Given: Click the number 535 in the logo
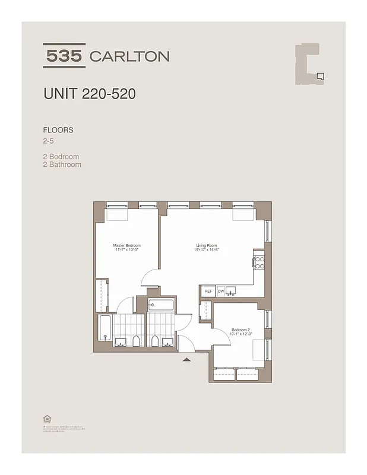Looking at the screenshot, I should (64, 56).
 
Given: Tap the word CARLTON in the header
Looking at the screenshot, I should (129, 56).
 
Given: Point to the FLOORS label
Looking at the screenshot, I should (58, 130).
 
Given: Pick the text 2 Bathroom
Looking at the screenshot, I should (62, 164).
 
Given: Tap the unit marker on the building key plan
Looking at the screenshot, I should (320, 75).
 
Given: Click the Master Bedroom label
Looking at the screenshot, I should (126, 245).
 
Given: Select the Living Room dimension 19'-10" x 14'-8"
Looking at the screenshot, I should (207, 250).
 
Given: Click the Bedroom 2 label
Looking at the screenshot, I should (240, 330).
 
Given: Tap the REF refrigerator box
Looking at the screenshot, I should (208, 291).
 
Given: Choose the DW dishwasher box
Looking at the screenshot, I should (220, 291).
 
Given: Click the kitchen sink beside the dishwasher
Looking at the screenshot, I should (232, 290).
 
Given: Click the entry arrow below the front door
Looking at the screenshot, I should (186, 359).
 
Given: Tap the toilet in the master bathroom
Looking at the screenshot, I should (136, 340).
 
